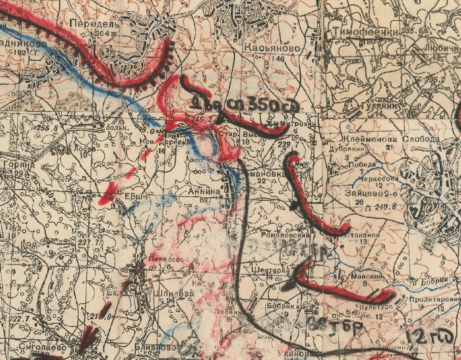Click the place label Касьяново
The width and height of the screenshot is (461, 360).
(272, 49)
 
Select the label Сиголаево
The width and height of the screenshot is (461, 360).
(42, 346)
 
